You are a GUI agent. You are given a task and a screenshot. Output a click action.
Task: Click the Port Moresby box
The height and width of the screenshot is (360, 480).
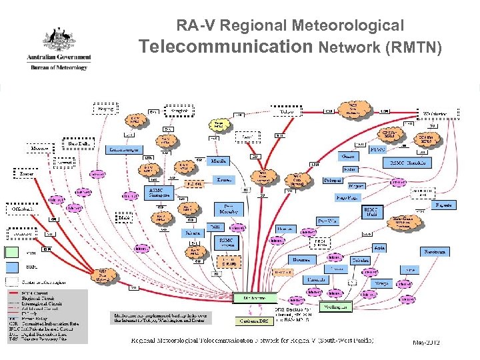click(232, 209)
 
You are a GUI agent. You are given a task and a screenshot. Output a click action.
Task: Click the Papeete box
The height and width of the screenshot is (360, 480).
click(443, 206)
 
